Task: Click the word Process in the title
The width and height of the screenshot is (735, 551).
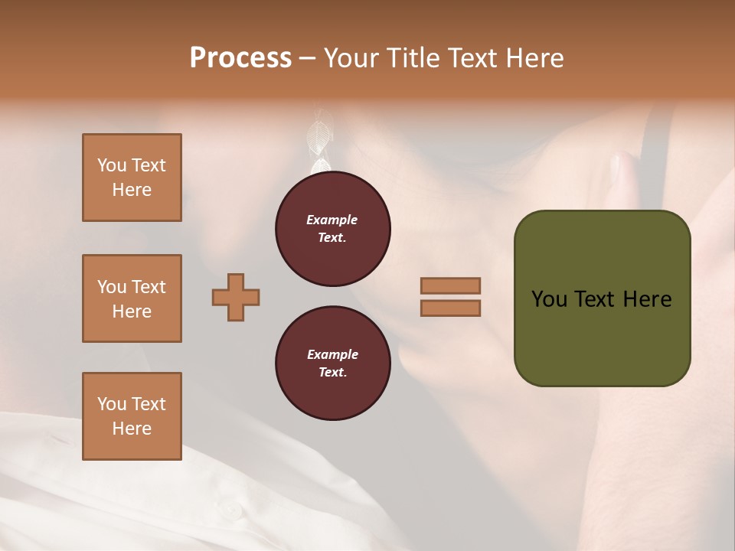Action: pos(240,58)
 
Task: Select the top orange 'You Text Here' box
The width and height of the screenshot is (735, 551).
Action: pos(132,178)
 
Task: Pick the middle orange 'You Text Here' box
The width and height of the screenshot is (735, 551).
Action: pos(132,298)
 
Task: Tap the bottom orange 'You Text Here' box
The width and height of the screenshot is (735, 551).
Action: pos(132,416)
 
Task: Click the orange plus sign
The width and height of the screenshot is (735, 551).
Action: pos(236,297)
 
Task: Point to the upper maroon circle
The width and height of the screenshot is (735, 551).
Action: pos(333,229)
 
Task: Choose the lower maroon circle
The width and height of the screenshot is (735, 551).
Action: pos(333,364)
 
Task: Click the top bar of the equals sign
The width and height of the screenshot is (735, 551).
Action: pos(450,286)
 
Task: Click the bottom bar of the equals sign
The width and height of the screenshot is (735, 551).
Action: pos(450,308)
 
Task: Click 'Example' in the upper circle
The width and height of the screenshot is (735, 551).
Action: pos(332,220)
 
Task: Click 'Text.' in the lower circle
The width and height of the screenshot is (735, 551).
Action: pos(332,372)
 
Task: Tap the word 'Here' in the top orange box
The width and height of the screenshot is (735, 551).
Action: pos(132,190)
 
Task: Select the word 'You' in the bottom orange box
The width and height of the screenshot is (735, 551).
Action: pos(111,404)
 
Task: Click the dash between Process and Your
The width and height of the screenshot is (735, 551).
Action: pos(307,58)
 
